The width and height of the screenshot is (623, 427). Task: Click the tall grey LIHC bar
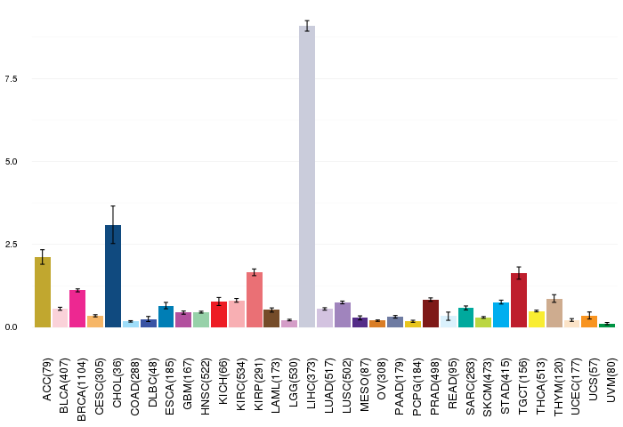pos(307,176)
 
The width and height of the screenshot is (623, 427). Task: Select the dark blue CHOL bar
pos(113,276)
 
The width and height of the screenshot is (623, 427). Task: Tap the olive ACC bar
pos(43,292)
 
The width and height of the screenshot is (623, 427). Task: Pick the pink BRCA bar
pos(77,309)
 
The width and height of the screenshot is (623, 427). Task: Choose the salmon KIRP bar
pos(255,300)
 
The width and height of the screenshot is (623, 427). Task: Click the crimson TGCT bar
pos(519,301)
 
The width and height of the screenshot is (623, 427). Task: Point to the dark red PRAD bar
pos(431,313)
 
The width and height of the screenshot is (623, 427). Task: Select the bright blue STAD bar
pos(501,315)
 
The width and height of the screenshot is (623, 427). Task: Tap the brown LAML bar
pos(271,318)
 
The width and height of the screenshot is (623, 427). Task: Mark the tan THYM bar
pos(554,313)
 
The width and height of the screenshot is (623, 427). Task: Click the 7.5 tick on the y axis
pos(11,78)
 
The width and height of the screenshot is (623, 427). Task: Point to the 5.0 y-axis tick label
pos(11,161)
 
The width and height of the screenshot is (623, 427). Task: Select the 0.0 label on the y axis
pos(11,326)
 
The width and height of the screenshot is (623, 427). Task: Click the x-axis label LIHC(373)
pos(311,380)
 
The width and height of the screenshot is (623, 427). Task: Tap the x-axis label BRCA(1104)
pos(82,390)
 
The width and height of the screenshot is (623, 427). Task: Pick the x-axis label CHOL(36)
pos(117,383)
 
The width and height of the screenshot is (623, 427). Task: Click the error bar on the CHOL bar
pos(113,225)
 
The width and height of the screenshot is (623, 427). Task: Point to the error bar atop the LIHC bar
pos(307,26)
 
